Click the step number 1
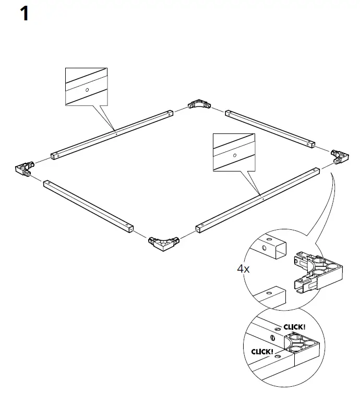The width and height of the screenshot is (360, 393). (25, 14)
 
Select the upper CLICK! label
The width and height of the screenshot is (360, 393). (295, 327)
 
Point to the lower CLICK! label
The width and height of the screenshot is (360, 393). (261, 352)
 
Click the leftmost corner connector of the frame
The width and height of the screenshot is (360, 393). (23, 168)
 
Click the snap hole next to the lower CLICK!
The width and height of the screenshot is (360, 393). (279, 356)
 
